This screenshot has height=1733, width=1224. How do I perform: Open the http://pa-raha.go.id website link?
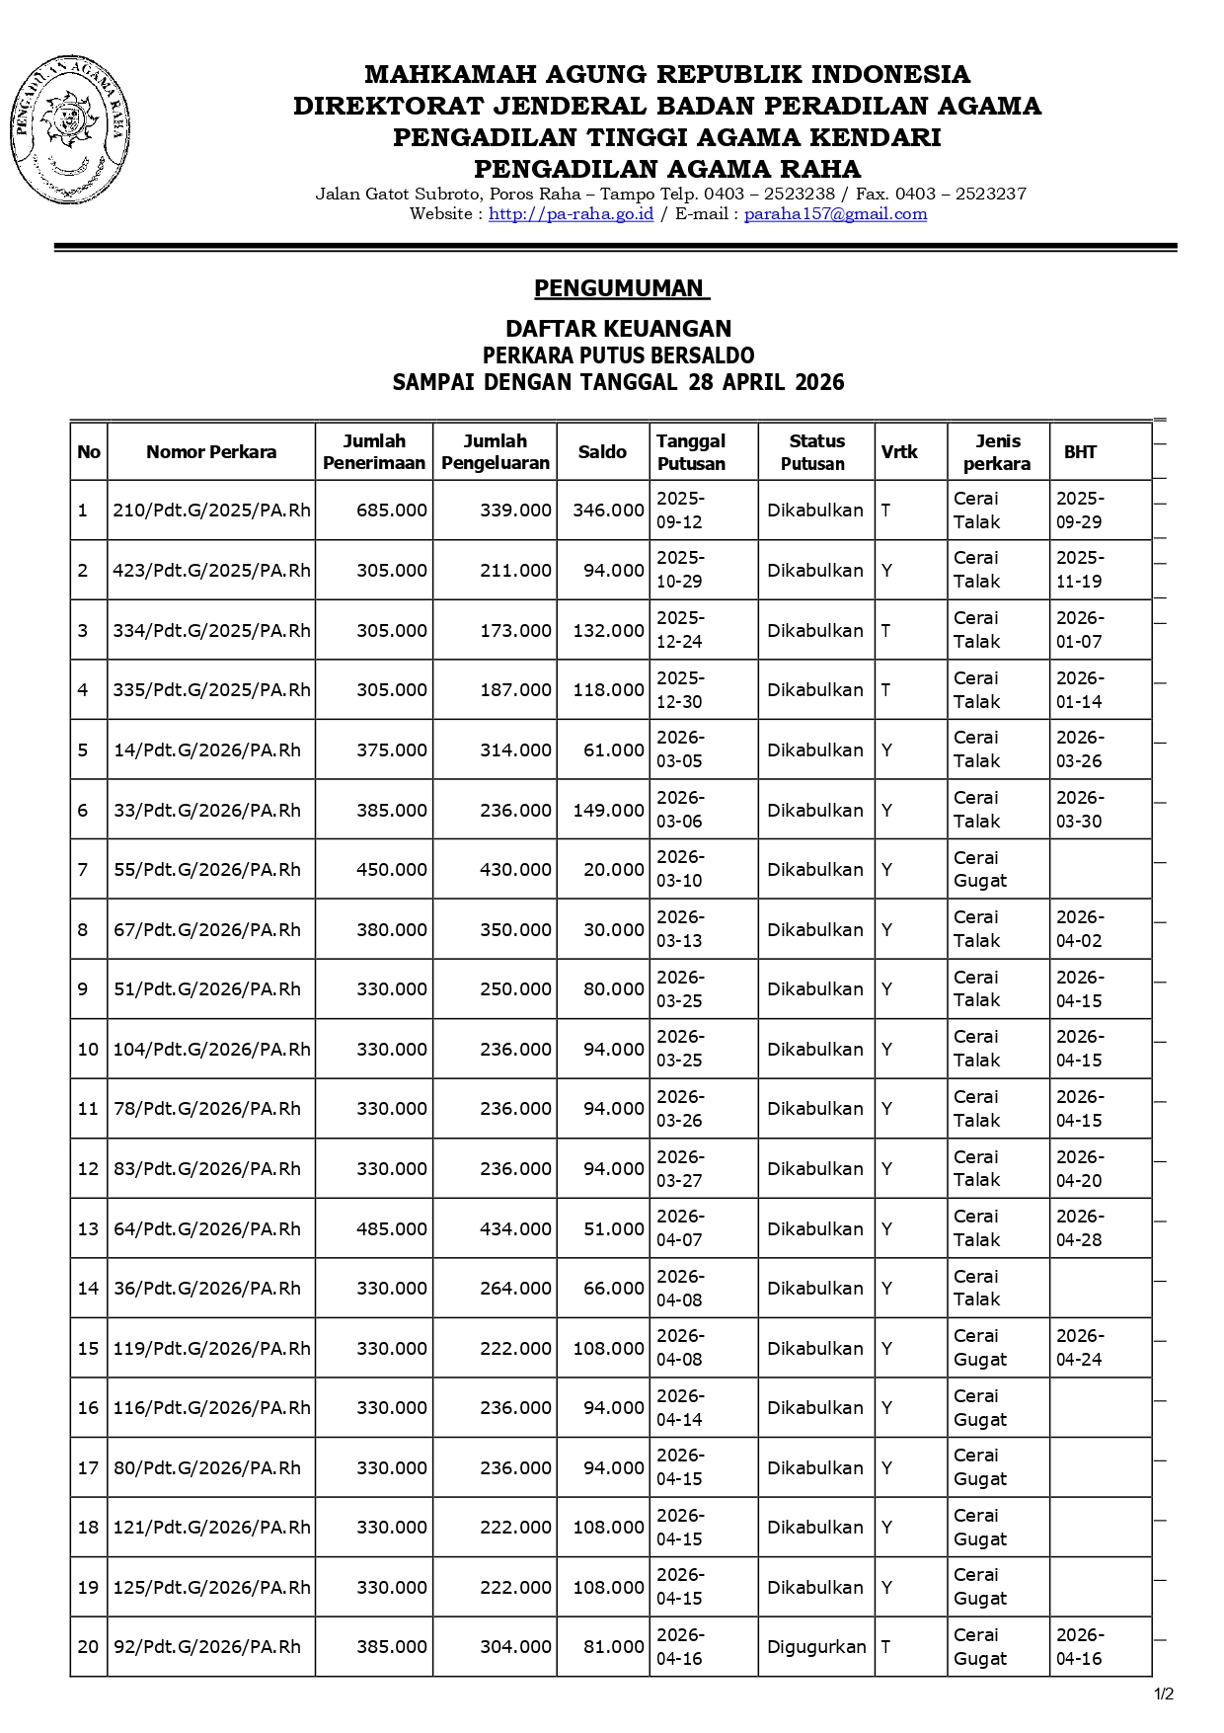pyautogui.click(x=571, y=214)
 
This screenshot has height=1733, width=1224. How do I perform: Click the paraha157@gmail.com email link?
pyautogui.click(x=835, y=214)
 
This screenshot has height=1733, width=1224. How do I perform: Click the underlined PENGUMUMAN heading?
pyautogui.click(x=621, y=288)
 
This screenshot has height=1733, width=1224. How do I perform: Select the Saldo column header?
pyautogui.click(x=602, y=452)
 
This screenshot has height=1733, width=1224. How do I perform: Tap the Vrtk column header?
pyautogui.click(x=899, y=452)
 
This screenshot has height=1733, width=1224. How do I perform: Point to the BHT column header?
pyautogui.click(x=1080, y=452)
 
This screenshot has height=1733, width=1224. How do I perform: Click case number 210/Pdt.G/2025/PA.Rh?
pyautogui.click(x=211, y=511)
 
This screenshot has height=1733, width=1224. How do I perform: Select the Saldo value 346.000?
pyautogui.click(x=608, y=511)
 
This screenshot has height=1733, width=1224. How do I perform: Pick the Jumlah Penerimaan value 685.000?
pyautogui.click(x=392, y=511)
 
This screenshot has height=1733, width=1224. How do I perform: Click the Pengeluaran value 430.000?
pyautogui.click(x=515, y=870)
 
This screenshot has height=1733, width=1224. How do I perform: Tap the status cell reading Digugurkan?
pyautogui.click(x=816, y=1647)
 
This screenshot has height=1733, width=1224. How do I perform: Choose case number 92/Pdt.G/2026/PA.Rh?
pyautogui.click(x=207, y=1647)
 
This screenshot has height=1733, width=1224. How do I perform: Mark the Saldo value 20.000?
pyautogui.click(x=613, y=870)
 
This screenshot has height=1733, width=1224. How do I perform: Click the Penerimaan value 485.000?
pyautogui.click(x=392, y=1229)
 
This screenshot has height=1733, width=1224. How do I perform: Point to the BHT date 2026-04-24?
pyautogui.click(x=1080, y=1348)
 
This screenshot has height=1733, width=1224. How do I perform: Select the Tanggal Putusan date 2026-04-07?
pyautogui.click(x=680, y=1228)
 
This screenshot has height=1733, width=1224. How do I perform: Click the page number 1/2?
pyautogui.click(x=1164, y=1694)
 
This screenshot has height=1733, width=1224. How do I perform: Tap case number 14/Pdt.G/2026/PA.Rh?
pyautogui.click(x=207, y=750)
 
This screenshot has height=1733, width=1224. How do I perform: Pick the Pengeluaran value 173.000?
pyautogui.click(x=515, y=631)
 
